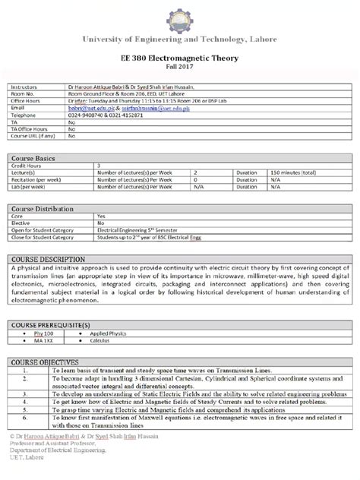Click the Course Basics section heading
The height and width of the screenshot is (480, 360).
click(x=34, y=158)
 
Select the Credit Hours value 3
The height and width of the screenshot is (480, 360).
click(x=99, y=166)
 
